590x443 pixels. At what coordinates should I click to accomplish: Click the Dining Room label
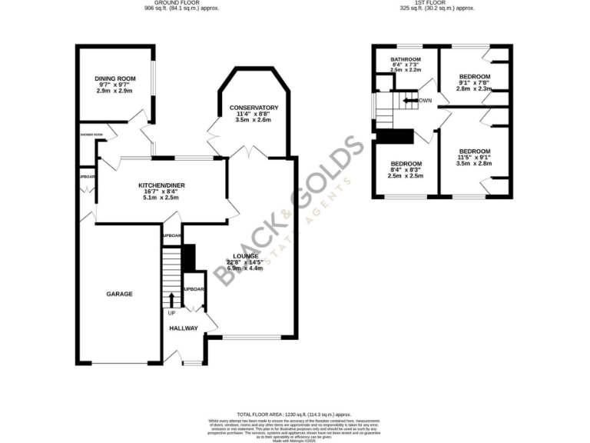pyautogui.click(x=114, y=78)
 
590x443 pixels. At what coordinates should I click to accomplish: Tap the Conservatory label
pyautogui.click(x=248, y=108)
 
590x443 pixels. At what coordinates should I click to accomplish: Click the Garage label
pyautogui.click(x=119, y=294)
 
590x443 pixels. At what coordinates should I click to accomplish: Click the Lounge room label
pyautogui.click(x=247, y=255)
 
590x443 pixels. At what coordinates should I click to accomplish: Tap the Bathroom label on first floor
pyautogui.click(x=405, y=60)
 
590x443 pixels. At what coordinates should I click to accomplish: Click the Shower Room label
pyautogui.click(x=91, y=134)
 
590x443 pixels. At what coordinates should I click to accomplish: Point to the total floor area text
pyautogui.click(x=295, y=413)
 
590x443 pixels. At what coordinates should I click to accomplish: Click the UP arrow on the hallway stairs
pyautogui.click(x=171, y=300)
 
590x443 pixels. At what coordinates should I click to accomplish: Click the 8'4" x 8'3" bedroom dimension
pyautogui.click(x=406, y=170)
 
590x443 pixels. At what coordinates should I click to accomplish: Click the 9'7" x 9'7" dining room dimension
pyautogui.click(x=114, y=85)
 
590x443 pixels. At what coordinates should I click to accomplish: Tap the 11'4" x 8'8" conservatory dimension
pyautogui.click(x=248, y=114)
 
